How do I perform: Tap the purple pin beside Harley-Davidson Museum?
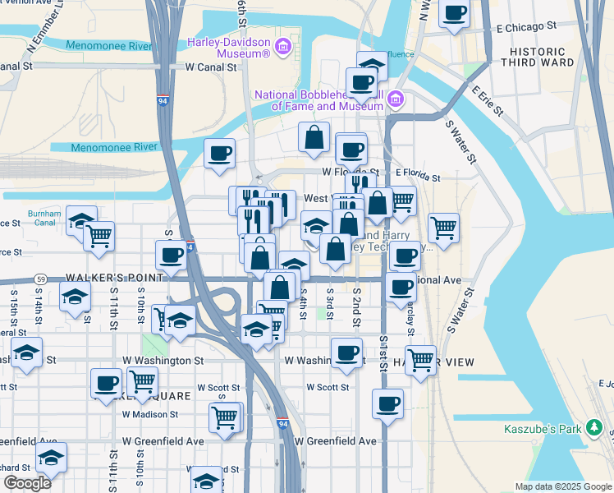coord(284,44)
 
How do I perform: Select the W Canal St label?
coord(211,67)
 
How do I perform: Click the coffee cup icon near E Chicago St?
coord(454,13)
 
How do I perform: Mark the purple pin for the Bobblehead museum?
coord(396,99)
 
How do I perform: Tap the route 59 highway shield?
coord(40,279)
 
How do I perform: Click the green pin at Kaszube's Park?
coord(597,428)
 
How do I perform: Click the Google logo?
coord(26,483)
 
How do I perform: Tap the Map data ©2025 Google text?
coord(562,486)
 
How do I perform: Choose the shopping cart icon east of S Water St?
coord(443,227)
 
